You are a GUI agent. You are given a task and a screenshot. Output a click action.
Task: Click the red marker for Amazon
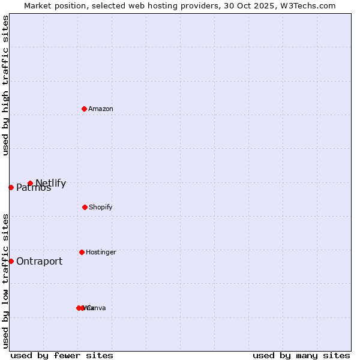84,109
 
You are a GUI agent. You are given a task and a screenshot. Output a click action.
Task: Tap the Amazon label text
101,109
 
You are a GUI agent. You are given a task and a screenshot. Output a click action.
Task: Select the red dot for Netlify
30,183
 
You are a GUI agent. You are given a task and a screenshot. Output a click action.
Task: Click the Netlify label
51,183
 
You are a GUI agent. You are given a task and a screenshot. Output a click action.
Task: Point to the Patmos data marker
11,187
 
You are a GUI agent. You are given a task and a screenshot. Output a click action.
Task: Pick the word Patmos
34,188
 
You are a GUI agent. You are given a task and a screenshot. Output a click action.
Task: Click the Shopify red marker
85,207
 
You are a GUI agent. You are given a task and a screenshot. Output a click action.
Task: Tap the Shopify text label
101,207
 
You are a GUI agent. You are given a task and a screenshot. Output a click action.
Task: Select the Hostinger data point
82,252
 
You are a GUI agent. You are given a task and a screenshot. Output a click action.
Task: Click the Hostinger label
101,252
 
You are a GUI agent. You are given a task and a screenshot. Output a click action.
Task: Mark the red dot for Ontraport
11,261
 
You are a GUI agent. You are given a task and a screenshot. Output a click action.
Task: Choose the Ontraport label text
39,261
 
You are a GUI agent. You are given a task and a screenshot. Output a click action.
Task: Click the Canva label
97,308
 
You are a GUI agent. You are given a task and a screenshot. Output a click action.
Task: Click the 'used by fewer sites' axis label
62,355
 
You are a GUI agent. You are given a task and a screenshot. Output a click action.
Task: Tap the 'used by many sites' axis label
301,355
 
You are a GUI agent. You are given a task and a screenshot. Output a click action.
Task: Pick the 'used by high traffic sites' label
5,85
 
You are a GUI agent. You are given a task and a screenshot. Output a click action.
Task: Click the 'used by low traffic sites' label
5,281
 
